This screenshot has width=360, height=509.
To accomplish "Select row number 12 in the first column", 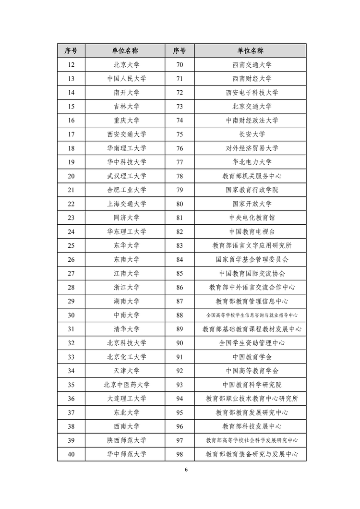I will (71, 65).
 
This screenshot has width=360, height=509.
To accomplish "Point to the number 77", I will (180, 162).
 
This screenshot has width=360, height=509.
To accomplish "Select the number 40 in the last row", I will (71, 454).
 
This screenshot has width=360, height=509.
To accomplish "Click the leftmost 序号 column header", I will (71, 51).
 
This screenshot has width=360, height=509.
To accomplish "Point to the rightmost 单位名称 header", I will (250, 51).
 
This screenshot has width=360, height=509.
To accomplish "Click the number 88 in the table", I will (180, 315).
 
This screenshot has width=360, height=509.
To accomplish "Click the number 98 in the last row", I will (180, 454).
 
